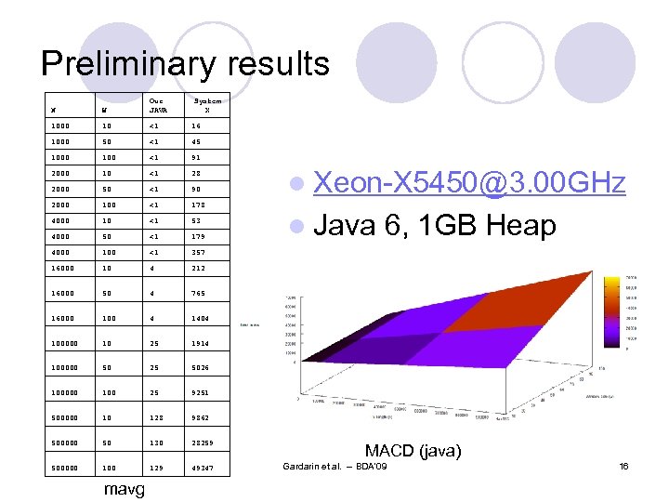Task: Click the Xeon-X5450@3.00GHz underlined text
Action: pos(470,183)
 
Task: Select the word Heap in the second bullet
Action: pos(514,226)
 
